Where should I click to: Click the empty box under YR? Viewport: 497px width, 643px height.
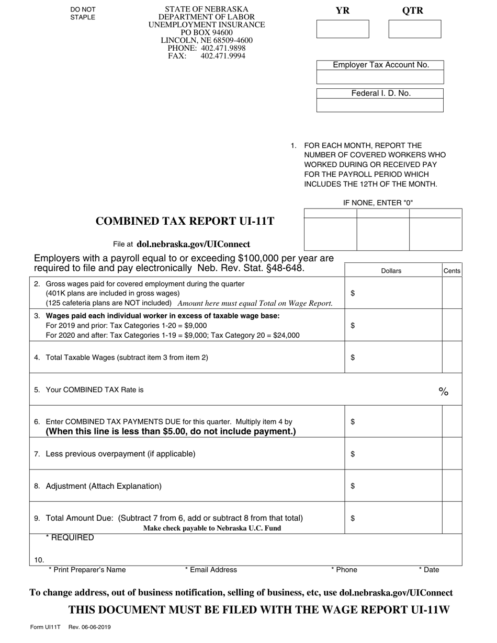(343, 29)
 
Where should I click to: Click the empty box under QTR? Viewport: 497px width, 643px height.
(415, 29)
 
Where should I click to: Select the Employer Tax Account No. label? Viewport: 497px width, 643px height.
(380, 65)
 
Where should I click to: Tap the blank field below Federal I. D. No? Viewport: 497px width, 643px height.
(380, 105)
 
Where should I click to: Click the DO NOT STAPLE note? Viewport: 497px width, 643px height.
(83, 14)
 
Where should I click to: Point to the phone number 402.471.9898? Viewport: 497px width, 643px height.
(223, 48)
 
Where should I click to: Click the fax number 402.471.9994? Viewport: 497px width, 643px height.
(223, 56)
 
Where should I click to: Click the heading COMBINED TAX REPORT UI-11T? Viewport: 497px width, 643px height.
(185, 221)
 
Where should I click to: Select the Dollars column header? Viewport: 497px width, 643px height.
(391, 271)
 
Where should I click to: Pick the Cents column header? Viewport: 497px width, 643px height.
(452, 271)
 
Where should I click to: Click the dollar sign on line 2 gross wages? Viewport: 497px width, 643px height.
(353, 293)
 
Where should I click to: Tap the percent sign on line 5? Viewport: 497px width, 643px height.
(444, 392)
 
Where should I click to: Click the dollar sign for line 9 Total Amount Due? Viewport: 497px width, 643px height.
(353, 519)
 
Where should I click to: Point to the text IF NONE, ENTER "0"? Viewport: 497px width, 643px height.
(381, 203)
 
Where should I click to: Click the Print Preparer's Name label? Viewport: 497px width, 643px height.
(87, 570)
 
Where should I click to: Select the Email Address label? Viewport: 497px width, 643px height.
(211, 570)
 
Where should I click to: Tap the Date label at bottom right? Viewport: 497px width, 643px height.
(429, 570)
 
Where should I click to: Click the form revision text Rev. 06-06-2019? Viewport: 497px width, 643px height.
(89, 627)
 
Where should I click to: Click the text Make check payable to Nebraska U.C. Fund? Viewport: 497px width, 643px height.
(212, 528)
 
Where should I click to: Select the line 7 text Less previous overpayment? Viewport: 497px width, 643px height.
(120, 454)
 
